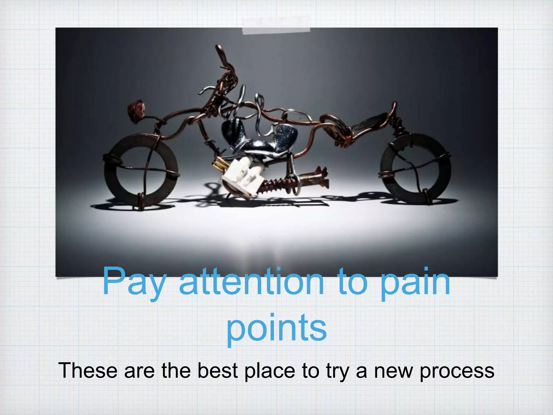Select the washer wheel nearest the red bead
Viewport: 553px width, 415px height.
coord(140,170)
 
